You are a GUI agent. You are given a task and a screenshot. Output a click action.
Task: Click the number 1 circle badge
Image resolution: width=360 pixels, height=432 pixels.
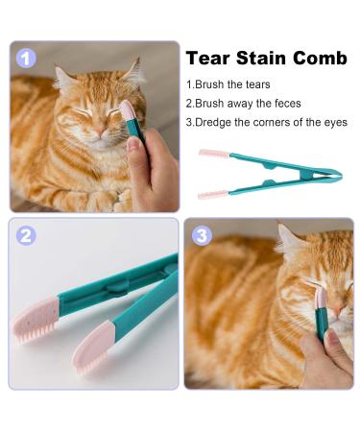coord(26,58)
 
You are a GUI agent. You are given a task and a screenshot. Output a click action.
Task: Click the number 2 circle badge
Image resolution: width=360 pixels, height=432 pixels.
coord(26,235)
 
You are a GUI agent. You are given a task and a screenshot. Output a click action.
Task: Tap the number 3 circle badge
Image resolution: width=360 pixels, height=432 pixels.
coord(202,235)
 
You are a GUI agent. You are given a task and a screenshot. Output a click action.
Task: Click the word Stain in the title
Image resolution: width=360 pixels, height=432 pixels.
coord(262,59)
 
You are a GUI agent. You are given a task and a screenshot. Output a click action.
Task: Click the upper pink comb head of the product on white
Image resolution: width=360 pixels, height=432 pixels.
coord(213,153)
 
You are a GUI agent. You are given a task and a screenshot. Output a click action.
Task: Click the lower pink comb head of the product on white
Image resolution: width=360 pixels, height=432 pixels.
coord(213,194)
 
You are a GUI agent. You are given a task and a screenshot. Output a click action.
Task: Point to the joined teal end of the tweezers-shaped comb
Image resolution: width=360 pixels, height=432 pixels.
coord(331,175)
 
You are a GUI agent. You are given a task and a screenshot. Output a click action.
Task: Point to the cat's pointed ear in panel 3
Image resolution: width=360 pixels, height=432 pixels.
coord(285,233)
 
